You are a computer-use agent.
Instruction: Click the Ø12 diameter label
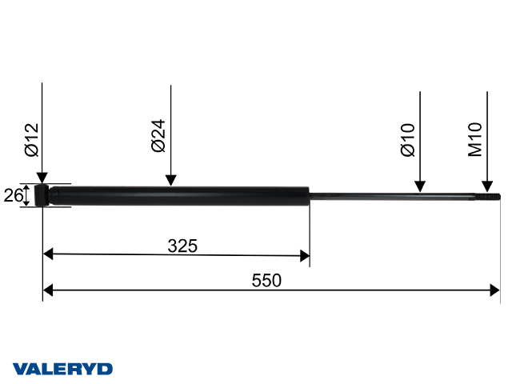click(31, 139)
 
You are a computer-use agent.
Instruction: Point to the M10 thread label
click(476, 139)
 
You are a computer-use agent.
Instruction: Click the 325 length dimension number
click(182, 245)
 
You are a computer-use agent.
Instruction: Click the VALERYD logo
click(62, 369)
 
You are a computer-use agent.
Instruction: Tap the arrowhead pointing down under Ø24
click(170, 181)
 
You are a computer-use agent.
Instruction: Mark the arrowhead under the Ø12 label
click(42, 178)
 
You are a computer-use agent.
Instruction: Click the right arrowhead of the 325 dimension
click(304, 255)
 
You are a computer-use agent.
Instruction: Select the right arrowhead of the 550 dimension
click(494, 290)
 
